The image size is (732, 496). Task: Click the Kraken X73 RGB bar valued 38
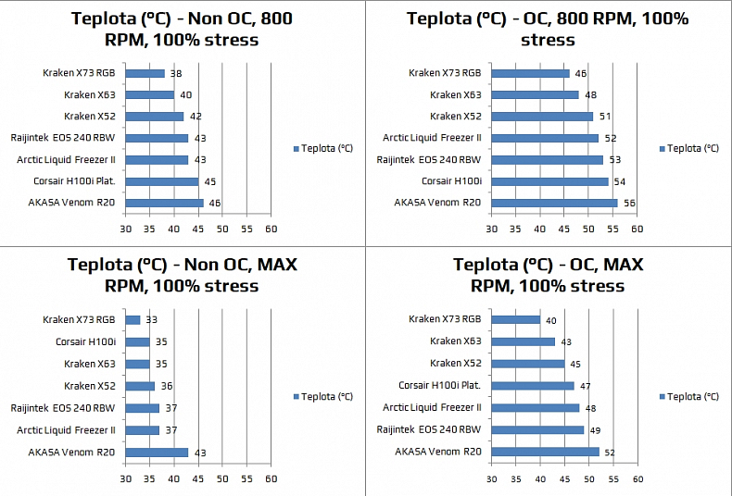[145, 73]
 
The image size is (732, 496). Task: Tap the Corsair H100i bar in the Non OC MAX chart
[137, 341]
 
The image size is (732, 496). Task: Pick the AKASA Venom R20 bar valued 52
[545, 452]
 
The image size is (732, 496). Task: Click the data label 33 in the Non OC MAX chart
[151, 320]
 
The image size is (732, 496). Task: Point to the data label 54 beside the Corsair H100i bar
[619, 181]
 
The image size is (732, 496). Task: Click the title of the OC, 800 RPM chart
[548, 29]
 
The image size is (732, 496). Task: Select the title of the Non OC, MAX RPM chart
[183, 275]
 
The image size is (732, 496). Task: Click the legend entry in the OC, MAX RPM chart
[688, 396]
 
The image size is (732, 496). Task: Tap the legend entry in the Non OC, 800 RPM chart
[322, 148]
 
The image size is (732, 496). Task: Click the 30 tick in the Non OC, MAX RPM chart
[126, 478]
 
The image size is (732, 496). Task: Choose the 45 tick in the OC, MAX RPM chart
[564, 478]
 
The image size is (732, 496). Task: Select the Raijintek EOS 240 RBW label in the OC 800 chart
[429, 160]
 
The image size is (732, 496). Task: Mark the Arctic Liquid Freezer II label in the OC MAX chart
[432, 407]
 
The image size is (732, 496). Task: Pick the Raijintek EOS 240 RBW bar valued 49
[537, 429]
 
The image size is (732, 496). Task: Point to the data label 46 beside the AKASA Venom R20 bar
[214, 204]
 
